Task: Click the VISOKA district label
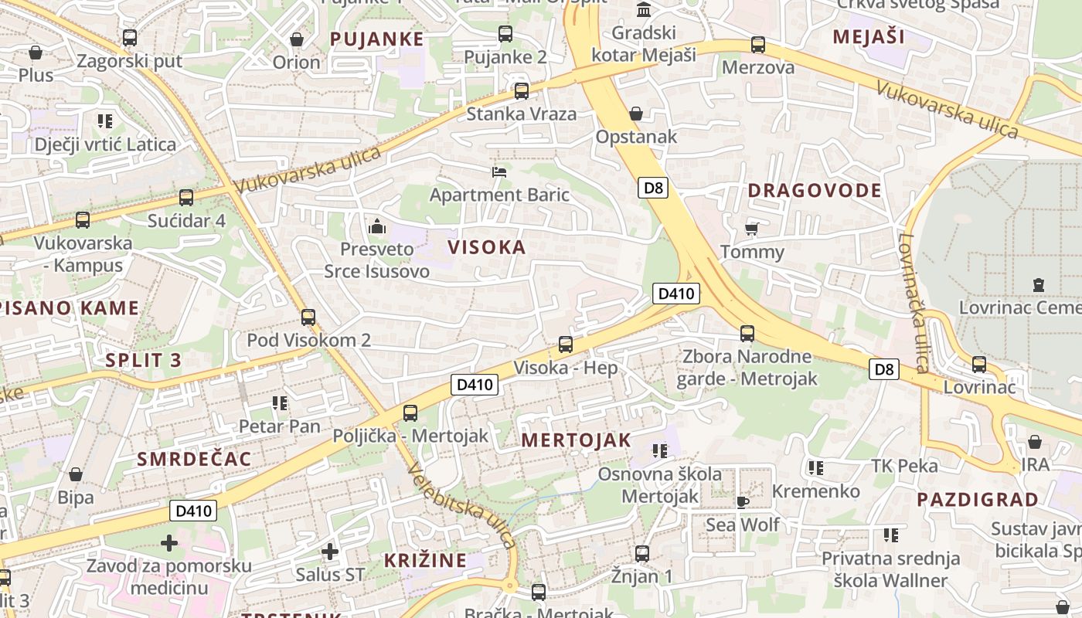click(487, 247)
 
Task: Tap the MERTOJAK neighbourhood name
click(576, 440)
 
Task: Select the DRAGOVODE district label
click(815, 191)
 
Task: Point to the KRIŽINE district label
click(426, 560)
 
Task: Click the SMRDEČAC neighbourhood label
click(194, 459)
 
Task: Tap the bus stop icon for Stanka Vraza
click(522, 91)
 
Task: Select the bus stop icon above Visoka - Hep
click(566, 345)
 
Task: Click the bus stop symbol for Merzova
click(758, 46)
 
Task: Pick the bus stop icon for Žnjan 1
click(642, 553)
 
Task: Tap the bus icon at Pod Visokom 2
click(308, 317)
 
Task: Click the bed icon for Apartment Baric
click(499, 171)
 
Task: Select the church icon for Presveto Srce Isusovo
click(377, 226)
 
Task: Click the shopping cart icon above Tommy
click(751, 229)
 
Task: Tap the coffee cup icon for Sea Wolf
click(743, 502)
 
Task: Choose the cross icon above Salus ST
click(330, 552)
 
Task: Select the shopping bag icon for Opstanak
click(636, 114)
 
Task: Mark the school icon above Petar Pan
click(279, 403)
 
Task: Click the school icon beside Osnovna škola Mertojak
click(659, 450)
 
